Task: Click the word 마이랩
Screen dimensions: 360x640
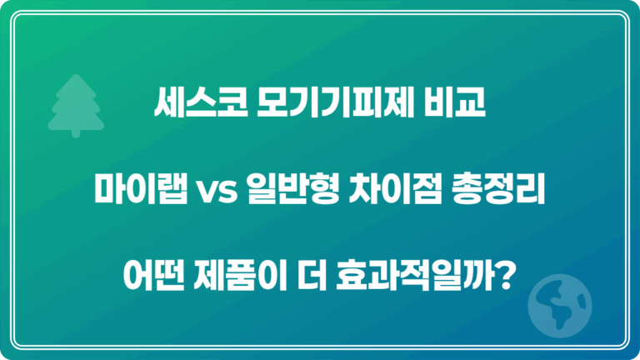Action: (132, 194)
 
